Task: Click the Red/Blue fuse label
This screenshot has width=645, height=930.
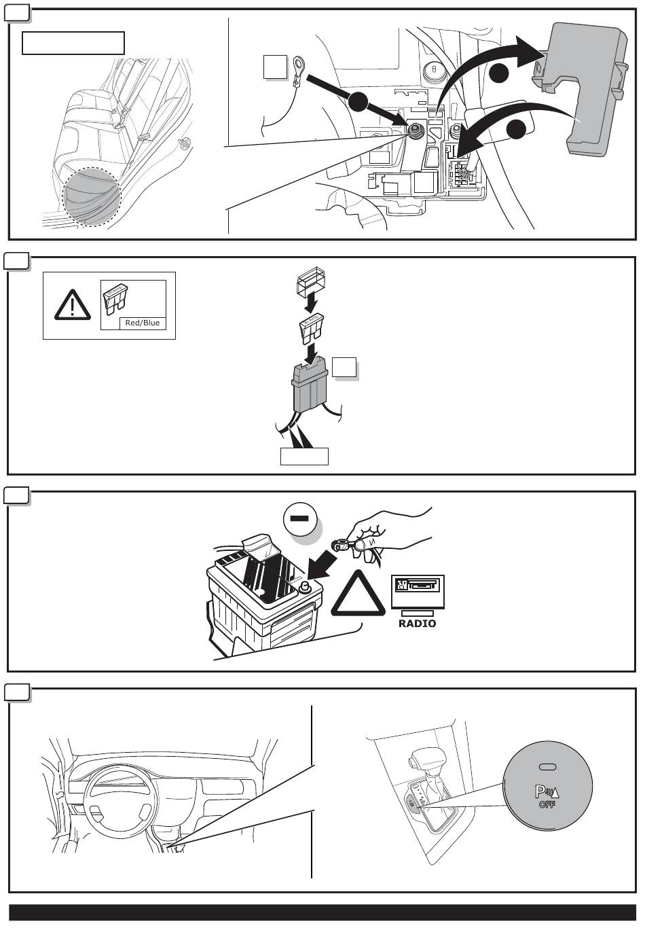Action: [x=143, y=323]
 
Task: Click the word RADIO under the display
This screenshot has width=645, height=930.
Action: [x=418, y=623]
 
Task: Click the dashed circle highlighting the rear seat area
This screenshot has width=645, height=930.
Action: [x=92, y=197]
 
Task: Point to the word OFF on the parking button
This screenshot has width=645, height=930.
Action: [x=547, y=805]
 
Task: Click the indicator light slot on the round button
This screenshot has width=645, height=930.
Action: [x=547, y=767]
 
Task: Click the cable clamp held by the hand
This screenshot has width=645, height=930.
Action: [x=341, y=544]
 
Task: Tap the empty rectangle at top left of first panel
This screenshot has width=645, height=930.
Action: [x=73, y=43]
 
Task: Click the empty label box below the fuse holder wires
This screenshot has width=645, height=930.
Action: [x=304, y=457]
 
